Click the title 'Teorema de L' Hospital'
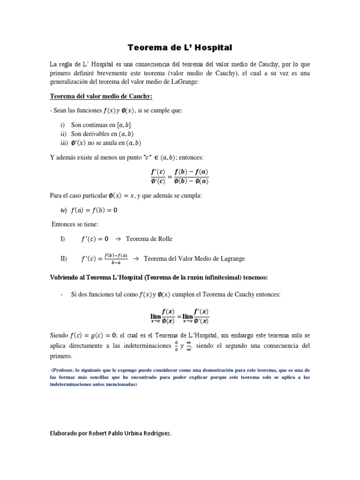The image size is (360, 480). [180, 47]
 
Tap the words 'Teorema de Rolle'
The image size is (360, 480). [149, 239]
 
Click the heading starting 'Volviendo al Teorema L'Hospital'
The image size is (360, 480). [159, 277]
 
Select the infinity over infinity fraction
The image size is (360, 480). [188, 346]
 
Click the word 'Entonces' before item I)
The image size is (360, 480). [63, 225]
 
